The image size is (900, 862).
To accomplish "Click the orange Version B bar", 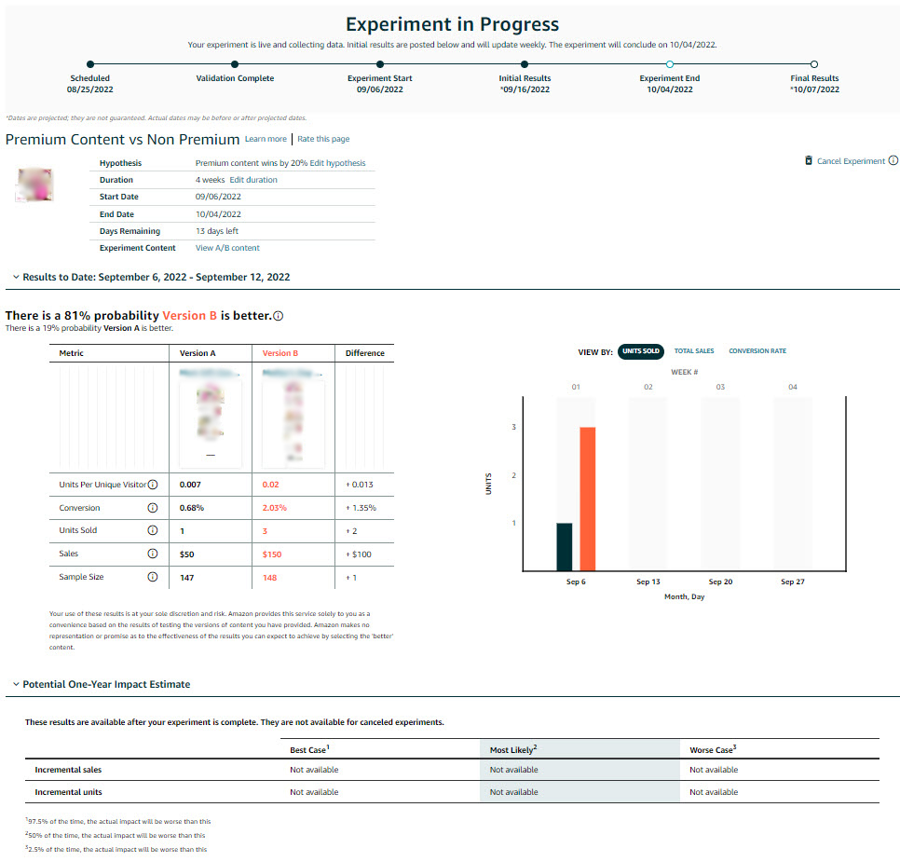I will [587, 499].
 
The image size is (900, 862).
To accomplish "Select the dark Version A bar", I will [565, 546].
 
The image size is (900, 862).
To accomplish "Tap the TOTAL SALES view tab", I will [694, 351].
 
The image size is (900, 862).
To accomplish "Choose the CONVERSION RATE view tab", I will [757, 351].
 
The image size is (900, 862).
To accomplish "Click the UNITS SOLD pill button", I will [640, 351].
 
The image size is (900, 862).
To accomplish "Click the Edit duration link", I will [253, 180].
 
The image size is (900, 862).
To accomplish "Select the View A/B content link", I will [227, 248].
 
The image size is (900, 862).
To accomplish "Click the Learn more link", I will [266, 139].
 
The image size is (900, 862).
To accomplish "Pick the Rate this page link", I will [323, 139].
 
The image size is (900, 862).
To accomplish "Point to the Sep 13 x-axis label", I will [648, 582].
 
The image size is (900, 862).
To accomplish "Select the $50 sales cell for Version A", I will [187, 554].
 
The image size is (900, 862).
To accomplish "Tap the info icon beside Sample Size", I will [153, 577].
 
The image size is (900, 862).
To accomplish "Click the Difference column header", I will [364, 353].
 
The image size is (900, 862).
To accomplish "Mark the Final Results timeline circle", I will [814, 64].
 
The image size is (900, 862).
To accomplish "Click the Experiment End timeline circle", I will [670, 64].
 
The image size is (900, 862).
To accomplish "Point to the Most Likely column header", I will [513, 749].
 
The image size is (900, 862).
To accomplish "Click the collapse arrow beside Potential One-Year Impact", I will [15, 684].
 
